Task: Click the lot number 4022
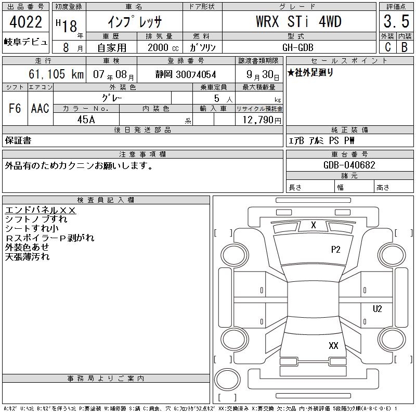click(25, 22)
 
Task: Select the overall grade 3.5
click(396, 21)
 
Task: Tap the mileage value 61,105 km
click(56, 74)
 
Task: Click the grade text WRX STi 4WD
click(298, 21)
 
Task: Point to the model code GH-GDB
click(297, 47)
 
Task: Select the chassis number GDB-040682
click(349, 165)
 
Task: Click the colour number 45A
click(86, 120)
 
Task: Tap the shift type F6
click(15, 108)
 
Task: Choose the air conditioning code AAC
click(40, 108)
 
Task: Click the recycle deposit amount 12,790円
click(262, 120)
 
